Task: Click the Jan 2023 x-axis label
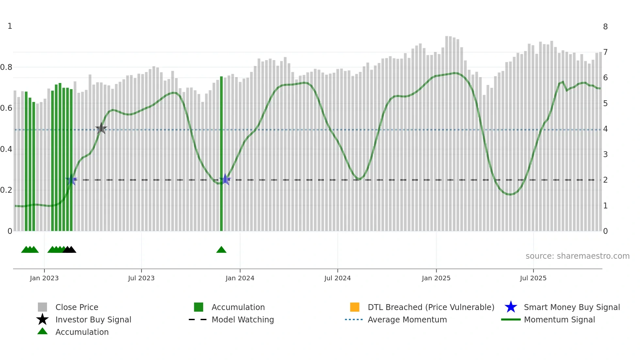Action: pyautogui.click(x=44, y=278)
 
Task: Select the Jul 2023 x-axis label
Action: pyautogui.click(x=141, y=278)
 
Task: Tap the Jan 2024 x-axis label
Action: pyautogui.click(x=240, y=278)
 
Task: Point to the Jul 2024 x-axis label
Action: pyautogui.click(x=337, y=278)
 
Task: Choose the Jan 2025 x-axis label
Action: pyautogui.click(x=436, y=278)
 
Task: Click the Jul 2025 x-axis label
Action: pyautogui.click(x=533, y=278)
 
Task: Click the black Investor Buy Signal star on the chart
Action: pyautogui.click(x=101, y=128)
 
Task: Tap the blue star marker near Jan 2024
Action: pyautogui.click(x=225, y=179)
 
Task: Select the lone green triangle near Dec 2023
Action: pyautogui.click(x=221, y=250)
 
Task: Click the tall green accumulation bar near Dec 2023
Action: pyautogui.click(x=221, y=154)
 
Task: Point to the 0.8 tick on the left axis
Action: pyautogui.click(x=6, y=67)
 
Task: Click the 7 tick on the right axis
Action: pyautogui.click(x=605, y=52)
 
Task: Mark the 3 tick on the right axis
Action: pyautogui.click(x=605, y=155)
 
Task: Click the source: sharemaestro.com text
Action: pyautogui.click(x=577, y=256)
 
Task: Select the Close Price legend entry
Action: pyautogui.click(x=77, y=307)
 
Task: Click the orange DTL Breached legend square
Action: pyautogui.click(x=355, y=307)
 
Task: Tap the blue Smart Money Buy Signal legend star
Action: pyautogui.click(x=511, y=307)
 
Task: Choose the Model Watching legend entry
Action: pyautogui.click(x=243, y=319)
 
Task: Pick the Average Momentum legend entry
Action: pyautogui.click(x=407, y=319)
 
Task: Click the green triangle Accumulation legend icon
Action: pyautogui.click(x=42, y=331)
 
